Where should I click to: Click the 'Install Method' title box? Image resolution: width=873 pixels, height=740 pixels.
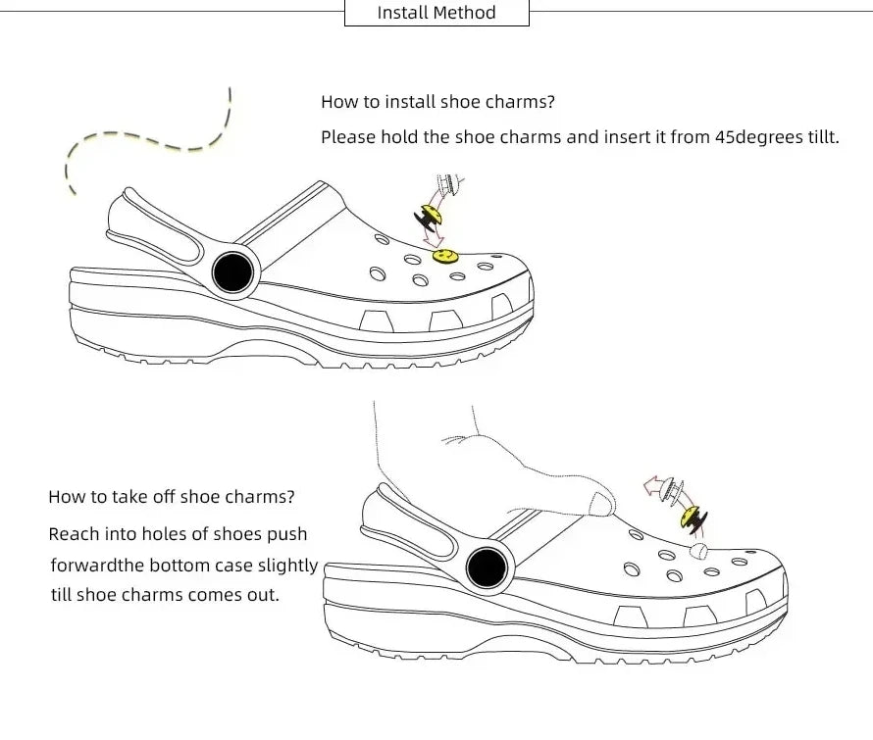coord(436,13)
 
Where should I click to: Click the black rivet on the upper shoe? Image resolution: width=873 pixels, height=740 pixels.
coord(232,271)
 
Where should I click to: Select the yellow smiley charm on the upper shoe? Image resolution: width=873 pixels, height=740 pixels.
coord(444,256)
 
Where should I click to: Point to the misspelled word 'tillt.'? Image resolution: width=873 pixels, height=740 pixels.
coord(820,137)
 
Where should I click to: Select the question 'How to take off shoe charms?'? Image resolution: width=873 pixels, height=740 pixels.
coord(171,496)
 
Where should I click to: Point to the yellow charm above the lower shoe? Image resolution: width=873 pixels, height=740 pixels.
coord(693,517)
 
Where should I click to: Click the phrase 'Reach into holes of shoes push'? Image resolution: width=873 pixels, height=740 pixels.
coord(178,534)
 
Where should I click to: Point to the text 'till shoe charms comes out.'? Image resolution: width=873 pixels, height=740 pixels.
coord(165,595)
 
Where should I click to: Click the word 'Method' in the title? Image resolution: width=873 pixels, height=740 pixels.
coord(465,13)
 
